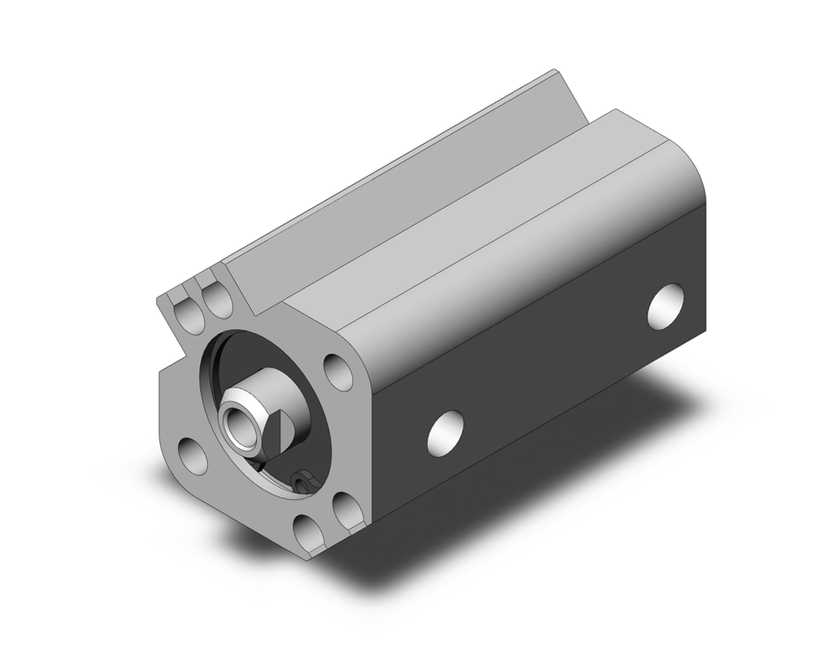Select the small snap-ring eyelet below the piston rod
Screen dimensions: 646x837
click(304, 479)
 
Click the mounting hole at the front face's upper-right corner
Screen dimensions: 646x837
click(337, 371)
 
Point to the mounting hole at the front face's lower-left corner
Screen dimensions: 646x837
click(193, 457)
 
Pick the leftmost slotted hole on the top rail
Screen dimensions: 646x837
click(190, 315)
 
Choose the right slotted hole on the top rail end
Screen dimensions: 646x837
click(218, 300)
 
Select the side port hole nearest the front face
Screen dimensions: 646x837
click(445, 433)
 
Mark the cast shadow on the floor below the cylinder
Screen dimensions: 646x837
click(502, 536)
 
